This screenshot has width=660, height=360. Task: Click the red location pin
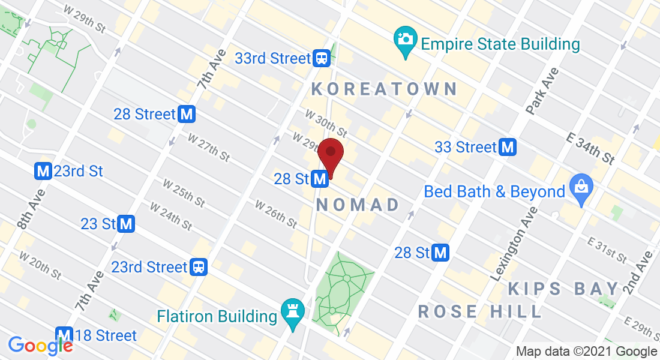[x=330, y=154]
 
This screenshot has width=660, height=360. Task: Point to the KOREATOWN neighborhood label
[x=385, y=89]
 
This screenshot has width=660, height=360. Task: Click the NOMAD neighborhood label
[x=358, y=205]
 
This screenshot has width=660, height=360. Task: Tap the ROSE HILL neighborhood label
[x=480, y=311]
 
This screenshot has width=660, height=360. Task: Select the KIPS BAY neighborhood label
[x=563, y=289]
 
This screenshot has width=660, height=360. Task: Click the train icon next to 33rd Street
[x=322, y=58]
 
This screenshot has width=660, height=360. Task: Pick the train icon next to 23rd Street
[x=199, y=267]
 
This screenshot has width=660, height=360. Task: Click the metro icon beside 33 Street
[x=509, y=147]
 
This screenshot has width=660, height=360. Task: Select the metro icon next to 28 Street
[x=187, y=114]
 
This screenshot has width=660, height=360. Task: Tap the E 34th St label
[x=591, y=148]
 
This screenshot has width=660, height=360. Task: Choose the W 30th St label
[x=326, y=122]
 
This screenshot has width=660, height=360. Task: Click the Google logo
[x=40, y=345]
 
